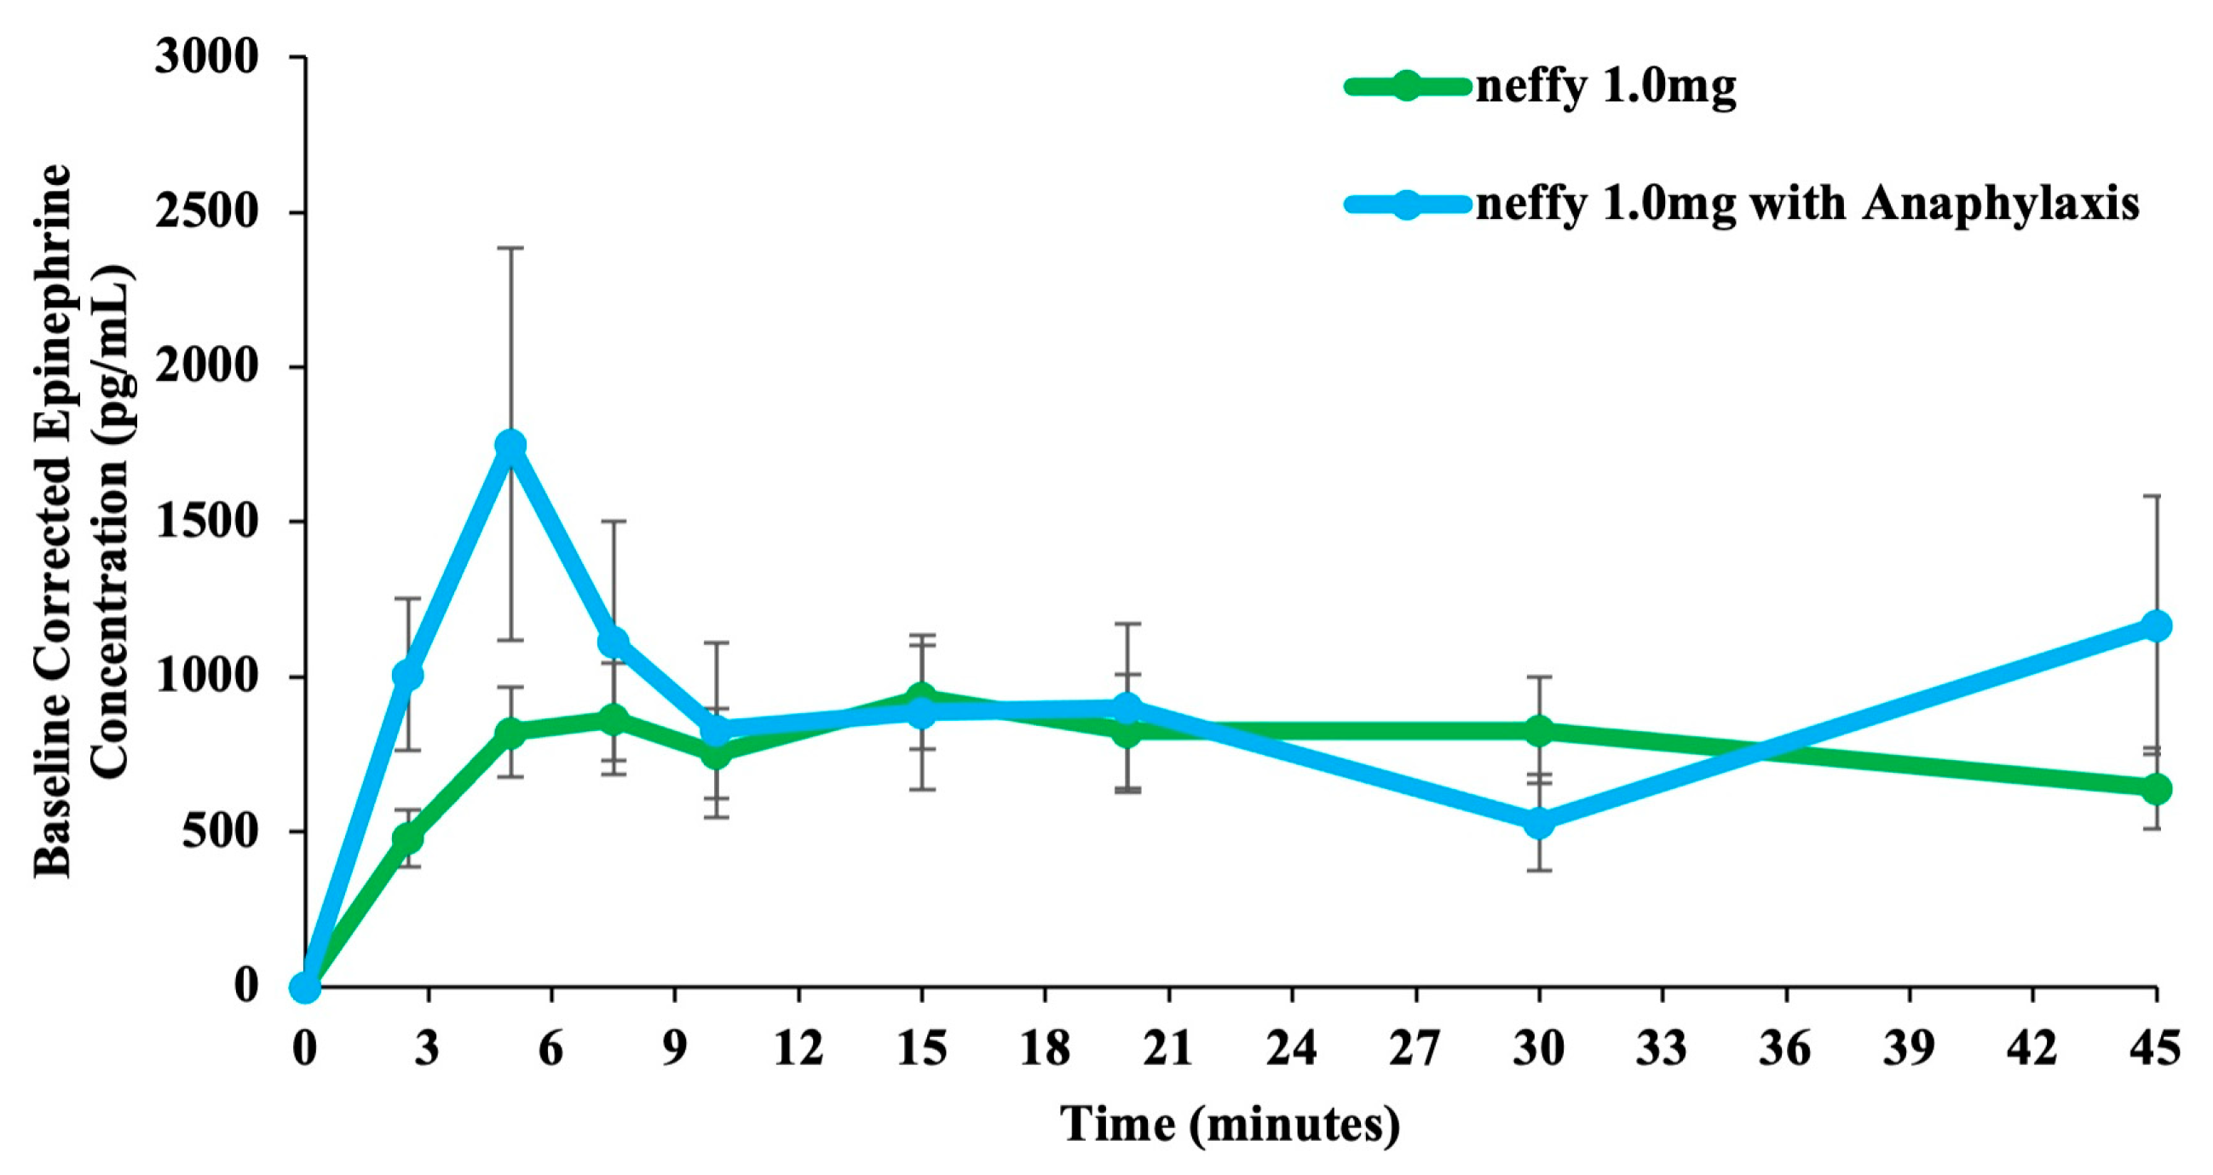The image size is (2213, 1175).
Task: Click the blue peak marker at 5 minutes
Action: (510, 445)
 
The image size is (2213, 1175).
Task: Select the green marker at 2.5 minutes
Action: (407, 838)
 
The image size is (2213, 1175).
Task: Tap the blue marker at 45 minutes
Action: (2155, 625)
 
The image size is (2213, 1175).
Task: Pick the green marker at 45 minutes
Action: (2155, 788)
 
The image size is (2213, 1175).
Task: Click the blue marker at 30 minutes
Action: (1539, 822)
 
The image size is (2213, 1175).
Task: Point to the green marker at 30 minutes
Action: (1539, 731)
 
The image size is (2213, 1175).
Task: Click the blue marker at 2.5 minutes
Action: (407, 675)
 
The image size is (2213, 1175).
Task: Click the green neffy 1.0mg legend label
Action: (1605, 87)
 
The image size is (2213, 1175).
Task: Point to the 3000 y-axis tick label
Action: (206, 58)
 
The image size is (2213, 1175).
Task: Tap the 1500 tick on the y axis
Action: (206, 522)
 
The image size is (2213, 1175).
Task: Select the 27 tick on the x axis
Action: (1415, 1050)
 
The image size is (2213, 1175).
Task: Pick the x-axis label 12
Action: (798, 1050)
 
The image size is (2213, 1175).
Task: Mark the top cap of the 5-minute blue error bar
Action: (510, 248)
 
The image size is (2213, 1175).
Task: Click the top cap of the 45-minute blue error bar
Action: (2155, 496)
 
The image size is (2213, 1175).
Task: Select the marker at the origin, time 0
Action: (305, 988)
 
